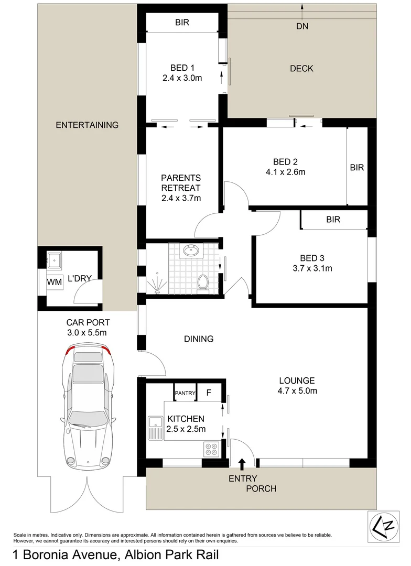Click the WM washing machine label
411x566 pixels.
click(x=55, y=282)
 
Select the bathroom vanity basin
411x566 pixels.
click(x=192, y=252)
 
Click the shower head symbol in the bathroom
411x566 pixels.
click(x=157, y=286)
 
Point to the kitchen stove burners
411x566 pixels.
click(x=212, y=450)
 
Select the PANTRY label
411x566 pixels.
click(x=185, y=393)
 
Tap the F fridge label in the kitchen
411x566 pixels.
click(x=208, y=393)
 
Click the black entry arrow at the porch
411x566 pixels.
click(x=242, y=463)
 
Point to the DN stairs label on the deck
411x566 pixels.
click(x=302, y=26)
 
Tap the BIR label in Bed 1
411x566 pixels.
click(x=182, y=23)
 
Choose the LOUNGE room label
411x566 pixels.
click(x=297, y=380)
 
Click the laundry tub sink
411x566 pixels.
click(x=55, y=259)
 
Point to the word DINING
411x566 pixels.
click(x=199, y=339)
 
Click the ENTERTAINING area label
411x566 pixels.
click(x=87, y=125)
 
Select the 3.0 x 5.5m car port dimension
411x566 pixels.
click(x=88, y=332)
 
